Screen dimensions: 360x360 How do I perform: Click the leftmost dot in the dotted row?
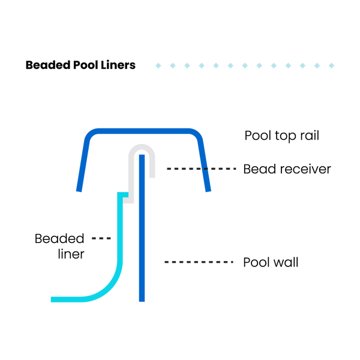pos(158,65)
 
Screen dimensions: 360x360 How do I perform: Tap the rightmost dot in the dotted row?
pos(331,65)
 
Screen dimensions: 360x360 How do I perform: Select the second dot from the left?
pos(173,65)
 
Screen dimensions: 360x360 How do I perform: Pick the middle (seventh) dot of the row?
pos(245,65)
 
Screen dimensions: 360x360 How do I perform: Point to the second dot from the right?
pos(317,65)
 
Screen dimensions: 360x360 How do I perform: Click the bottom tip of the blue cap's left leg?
pos(79,191)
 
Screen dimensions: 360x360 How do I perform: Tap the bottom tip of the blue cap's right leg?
pos(209,191)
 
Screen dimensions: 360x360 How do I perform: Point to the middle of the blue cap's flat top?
pos(143,131)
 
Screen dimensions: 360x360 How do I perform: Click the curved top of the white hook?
pos(142,148)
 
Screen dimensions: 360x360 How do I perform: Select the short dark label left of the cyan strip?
pos(101,238)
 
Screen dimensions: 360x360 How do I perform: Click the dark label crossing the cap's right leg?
pos(202,169)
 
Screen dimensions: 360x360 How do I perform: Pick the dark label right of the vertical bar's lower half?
pos(199,262)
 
